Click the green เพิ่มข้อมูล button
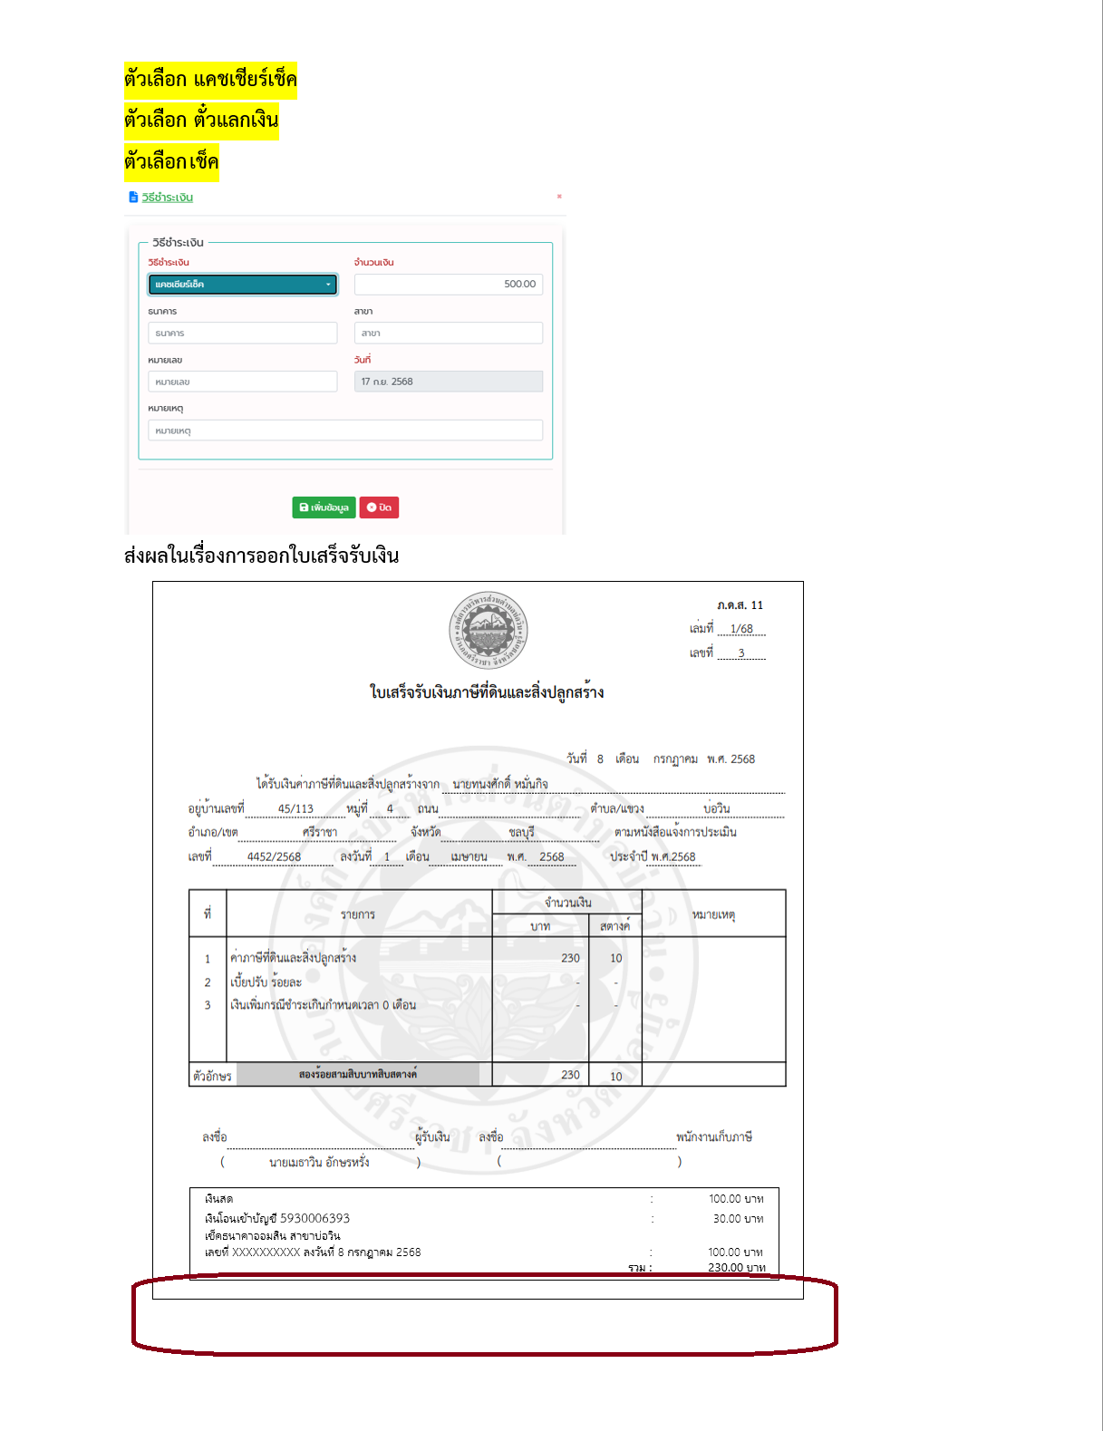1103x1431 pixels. click(324, 508)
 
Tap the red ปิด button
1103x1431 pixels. click(379, 508)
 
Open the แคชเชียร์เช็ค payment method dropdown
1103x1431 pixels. click(242, 285)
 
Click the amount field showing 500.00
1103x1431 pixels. click(448, 285)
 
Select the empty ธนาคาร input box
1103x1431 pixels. click(242, 334)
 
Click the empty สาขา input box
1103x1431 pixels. click(448, 334)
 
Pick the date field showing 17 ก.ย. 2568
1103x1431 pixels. click(448, 382)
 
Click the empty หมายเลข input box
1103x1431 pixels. click(242, 382)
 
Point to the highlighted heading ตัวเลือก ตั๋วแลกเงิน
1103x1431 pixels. click(201, 121)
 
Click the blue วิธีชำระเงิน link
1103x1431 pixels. click(167, 198)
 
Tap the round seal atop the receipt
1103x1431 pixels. click(489, 630)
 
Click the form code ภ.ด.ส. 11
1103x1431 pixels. click(740, 605)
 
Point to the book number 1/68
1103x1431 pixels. click(741, 629)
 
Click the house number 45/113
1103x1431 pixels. click(295, 808)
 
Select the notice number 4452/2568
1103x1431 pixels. click(274, 856)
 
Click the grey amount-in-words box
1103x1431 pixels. click(358, 1074)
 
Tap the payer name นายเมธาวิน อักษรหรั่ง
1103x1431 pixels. click(319, 1162)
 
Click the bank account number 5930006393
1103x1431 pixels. click(314, 1219)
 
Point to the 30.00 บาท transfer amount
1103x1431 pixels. click(738, 1219)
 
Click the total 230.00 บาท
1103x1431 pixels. click(736, 1268)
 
